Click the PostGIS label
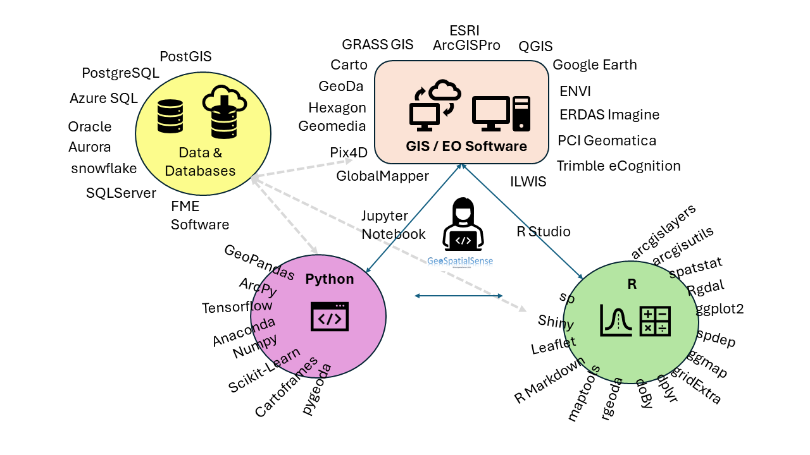(185, 57)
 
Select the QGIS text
(535, 46)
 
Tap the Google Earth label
(595, 65)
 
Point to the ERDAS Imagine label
(609, 115)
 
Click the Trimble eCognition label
(618, 166)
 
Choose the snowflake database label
(104, 169)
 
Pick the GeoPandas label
(259, 262)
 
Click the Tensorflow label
(237, 307)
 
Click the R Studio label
(544, 232)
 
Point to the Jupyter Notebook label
(394, 225)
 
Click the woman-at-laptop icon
(464, 226)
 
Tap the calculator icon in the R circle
(655, 321)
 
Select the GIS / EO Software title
(466, 147)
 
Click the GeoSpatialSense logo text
(460, 261)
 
